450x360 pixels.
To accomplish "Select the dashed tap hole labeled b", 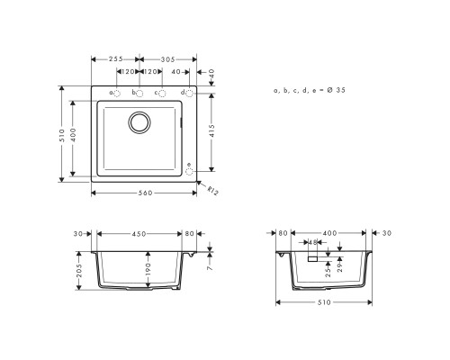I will pyautogui.click(x=139, y=93).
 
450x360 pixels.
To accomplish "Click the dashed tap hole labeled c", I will pyautogui.click(x=162, y=93).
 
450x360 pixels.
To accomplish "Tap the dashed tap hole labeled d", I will pyautogui.click(x=188, y=93).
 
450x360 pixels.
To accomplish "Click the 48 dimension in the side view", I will pyautogui.click(x=312, y=243).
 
